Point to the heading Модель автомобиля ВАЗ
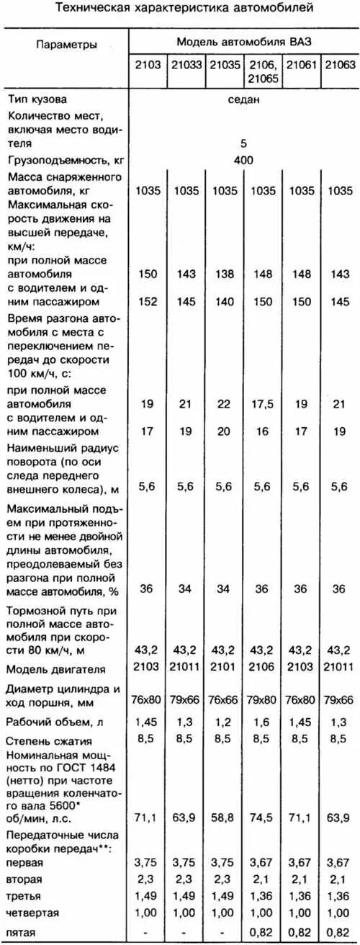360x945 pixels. pyautogui.click(x=244, y=42)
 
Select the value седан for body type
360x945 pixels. pyautogui.click(x=244, y=101)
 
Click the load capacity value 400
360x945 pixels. pyautogui.click(x=244, y=160)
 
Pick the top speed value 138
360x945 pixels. pyautogui.click(x=224, y=274)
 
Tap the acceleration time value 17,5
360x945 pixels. pyautogui.click(x=261, y=405)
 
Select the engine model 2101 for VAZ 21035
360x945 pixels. pyautogui.click(x=224, y=667)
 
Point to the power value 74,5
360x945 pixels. pyautogui.click(x=261, y=815)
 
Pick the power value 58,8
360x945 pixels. pyautogui.click(x=224, y=815)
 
